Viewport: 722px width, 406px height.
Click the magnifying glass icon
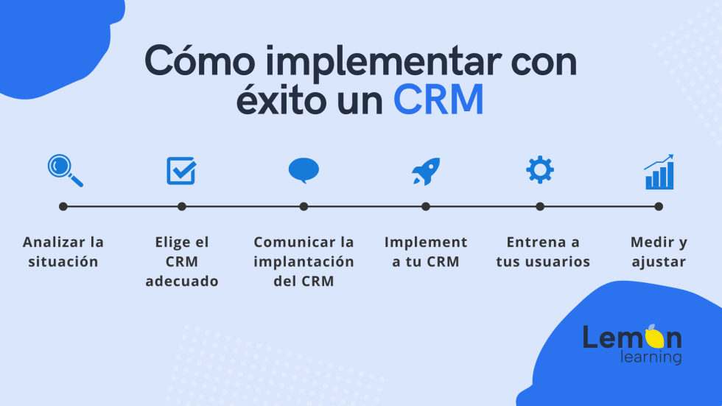coord(64,170)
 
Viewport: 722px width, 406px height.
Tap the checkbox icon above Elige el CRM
coord(180,170)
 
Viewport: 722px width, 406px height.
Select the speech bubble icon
coord(303,170)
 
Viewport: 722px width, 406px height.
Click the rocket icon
coord(426,171)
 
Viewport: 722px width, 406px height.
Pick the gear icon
coord(540,170)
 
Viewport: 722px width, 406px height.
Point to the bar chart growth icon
coord(659,172)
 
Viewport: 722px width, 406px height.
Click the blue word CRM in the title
coord(438,100)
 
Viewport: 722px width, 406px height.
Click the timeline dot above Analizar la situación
coord(63,206)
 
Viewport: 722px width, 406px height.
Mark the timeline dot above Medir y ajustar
coord(659,206)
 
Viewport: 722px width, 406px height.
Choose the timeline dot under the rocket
coord(426,206)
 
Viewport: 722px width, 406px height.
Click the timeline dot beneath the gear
coord(540,206)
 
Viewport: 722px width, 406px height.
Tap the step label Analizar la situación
coord(63,251)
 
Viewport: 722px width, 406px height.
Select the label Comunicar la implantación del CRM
coord(304,261)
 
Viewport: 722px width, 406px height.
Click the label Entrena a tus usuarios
coord(543,251)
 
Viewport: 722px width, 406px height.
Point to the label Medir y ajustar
coord(659,251)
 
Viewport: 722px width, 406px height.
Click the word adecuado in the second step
coord(182,281)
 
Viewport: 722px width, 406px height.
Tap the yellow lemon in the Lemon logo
coord(653,337)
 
